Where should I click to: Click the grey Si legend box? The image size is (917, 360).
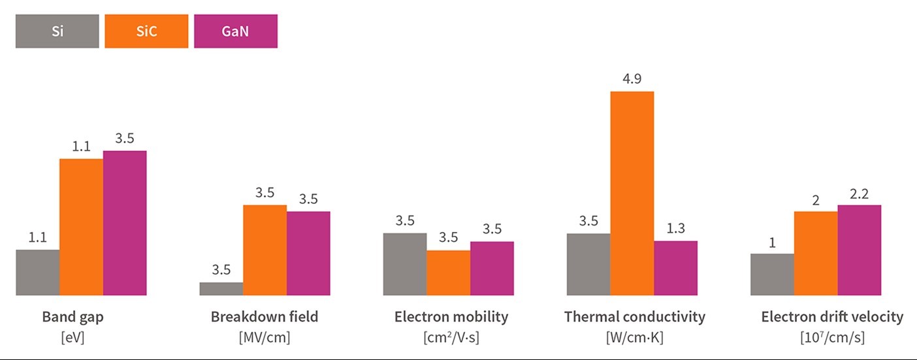click(57, 31)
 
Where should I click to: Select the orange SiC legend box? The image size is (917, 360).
click(146, 31)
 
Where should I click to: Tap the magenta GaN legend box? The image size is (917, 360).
click(236, 31)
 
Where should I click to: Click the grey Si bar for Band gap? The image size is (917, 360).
click(37, 272)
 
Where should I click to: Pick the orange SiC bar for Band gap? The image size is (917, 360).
click(81, 227)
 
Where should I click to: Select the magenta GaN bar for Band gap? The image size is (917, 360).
click(125, 223)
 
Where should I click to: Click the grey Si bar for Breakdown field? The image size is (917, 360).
click(221, 289)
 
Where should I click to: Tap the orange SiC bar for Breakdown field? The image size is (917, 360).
click(265, 250)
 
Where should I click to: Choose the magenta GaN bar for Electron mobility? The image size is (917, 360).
click(492, 269)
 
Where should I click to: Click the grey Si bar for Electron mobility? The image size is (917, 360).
click(404, 264)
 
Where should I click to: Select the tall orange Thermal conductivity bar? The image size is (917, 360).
click(632, 193)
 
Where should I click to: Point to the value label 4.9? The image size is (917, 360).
click(632, 79)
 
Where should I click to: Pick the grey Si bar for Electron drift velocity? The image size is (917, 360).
click(772, 274)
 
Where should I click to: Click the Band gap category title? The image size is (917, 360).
click(72, 318)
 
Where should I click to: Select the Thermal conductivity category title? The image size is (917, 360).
click(635, 318)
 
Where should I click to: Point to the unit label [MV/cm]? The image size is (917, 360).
click(265, 338)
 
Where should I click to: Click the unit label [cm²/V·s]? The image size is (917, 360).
click(451, 338)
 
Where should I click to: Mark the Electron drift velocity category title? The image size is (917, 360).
click(832, 318)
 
